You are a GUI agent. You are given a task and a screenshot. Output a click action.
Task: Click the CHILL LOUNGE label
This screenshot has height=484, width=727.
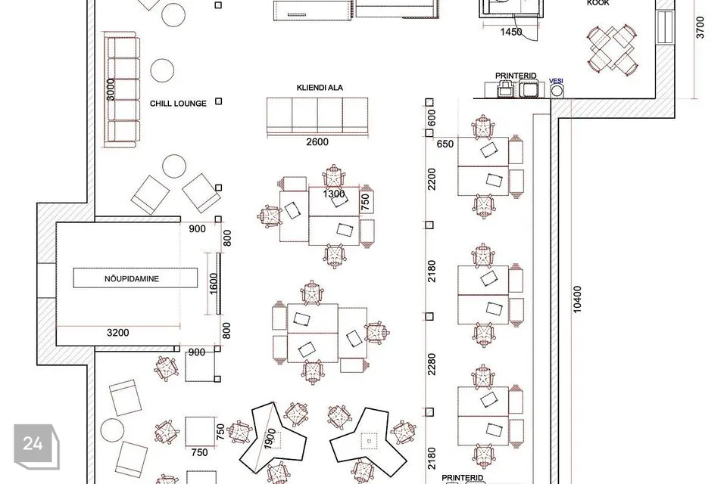click(178, 104)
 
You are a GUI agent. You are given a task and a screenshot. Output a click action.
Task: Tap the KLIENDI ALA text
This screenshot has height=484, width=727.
click(320, 88)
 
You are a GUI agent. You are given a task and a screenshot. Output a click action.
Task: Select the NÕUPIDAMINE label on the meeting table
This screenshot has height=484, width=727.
click(132, 279)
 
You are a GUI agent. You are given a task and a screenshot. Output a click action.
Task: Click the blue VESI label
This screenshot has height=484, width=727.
click(556, 81)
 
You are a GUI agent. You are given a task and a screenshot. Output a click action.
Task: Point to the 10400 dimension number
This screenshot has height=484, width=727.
click(577, 299)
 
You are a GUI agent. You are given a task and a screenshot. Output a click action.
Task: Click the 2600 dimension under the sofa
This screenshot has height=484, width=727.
click(317, 141)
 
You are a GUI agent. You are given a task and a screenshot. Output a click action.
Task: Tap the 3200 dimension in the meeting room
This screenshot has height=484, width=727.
click(118, 333)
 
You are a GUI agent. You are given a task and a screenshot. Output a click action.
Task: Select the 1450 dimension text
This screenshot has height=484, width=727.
click(511, 32)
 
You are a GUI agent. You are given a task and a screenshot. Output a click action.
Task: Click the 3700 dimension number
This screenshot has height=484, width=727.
click(700, 27)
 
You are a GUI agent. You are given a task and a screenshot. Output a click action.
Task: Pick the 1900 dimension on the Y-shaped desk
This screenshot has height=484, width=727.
click(270, 438)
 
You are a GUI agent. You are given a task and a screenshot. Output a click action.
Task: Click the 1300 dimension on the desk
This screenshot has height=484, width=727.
click(334, 194)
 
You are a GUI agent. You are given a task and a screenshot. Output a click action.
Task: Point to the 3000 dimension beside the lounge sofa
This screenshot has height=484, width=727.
click(111, 89)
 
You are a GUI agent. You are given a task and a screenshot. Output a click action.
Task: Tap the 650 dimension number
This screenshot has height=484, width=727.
click(445, 144)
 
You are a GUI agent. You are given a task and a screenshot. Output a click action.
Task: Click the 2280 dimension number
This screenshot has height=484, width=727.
click(432, 365)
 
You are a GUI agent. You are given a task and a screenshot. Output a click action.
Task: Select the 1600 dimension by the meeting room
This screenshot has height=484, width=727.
click(214, 284)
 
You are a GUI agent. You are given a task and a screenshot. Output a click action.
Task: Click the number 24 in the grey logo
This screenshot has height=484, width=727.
click(33, 444)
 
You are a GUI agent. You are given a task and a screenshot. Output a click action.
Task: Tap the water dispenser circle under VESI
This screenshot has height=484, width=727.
click(557, 92)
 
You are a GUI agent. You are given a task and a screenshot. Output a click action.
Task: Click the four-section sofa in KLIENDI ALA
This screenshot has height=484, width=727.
click(317, 117)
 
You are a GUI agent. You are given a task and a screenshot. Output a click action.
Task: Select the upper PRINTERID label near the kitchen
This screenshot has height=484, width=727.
click(516, 76)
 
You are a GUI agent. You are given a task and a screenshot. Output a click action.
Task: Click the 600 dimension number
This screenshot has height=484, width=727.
click(432, 118)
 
